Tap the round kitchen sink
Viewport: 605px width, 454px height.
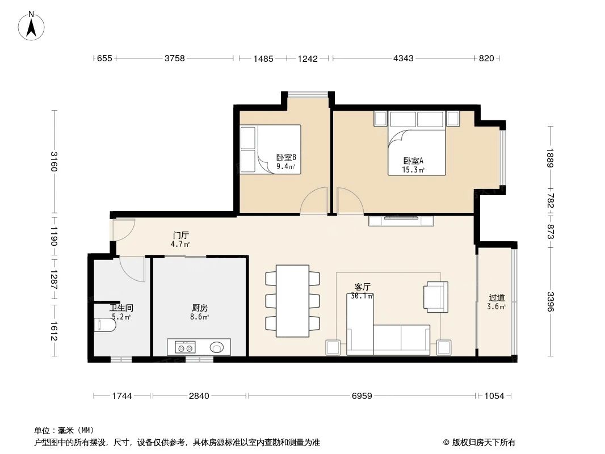pyautogui.click(x=217, y=347)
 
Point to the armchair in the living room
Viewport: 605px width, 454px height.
pyautogui.click(x=436, y=296)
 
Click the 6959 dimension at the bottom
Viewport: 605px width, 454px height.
pyautogui.click(x=361, y=396)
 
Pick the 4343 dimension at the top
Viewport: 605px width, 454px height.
pyautogui.click(x=403, y=58)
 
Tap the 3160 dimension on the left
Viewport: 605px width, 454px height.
pyautogui.click(x=54, y=162)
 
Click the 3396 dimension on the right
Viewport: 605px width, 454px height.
pyautogui.click(x=549, y=301)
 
